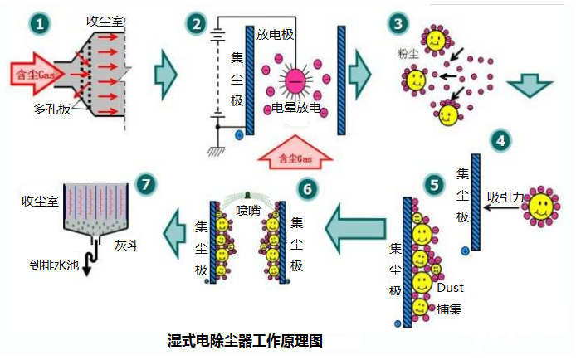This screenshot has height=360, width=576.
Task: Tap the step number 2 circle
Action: (196, 24)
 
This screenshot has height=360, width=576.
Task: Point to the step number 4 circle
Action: (500, 139)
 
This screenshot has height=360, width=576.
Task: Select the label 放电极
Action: (276, 35)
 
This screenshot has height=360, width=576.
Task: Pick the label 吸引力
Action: (505, 197)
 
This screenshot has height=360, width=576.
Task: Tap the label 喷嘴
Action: (248, 209)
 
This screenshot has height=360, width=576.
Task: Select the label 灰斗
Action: (125, 246)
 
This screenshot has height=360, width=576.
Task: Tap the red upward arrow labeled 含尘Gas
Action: (295, 154)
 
